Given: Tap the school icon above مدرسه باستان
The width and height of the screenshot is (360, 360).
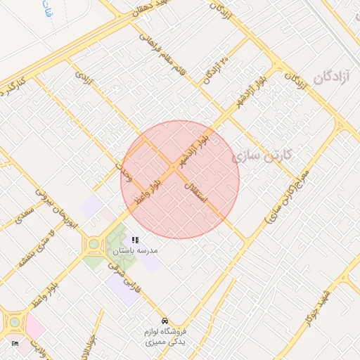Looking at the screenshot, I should coord(135,240).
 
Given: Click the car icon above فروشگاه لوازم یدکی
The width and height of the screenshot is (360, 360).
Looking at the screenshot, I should coord(165,321).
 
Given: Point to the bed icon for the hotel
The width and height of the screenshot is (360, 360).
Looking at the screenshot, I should coord(15,343).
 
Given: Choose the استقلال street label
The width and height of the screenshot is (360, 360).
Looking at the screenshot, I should coord(198,191).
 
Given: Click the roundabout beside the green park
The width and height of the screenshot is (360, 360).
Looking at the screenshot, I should coord(93,245).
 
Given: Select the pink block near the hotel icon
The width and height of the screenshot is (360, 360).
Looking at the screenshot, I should coord(34,326).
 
